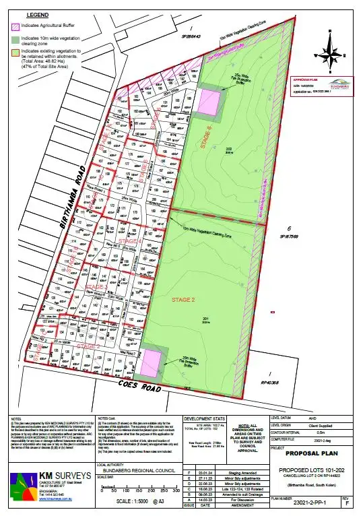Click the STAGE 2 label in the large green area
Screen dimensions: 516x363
[183, 298]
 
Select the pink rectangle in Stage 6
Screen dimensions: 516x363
[209, 104]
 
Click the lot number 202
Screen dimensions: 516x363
[229, 148]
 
